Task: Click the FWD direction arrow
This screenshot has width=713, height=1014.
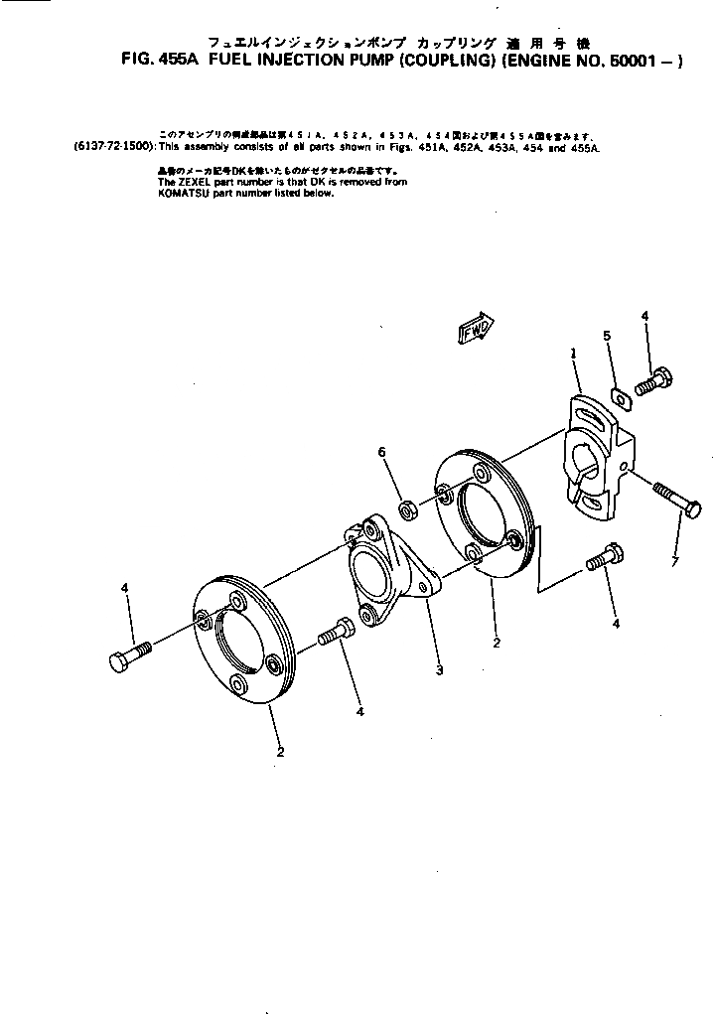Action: (478, 331)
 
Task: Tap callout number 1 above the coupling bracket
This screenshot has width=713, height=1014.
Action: (573, 353)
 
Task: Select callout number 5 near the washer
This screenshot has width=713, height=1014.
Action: (607, 337)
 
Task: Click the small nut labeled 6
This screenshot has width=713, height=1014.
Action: (406, 511)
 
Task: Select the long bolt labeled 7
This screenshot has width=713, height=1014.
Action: (678, 499)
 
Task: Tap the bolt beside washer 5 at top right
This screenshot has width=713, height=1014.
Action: (652, 381)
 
